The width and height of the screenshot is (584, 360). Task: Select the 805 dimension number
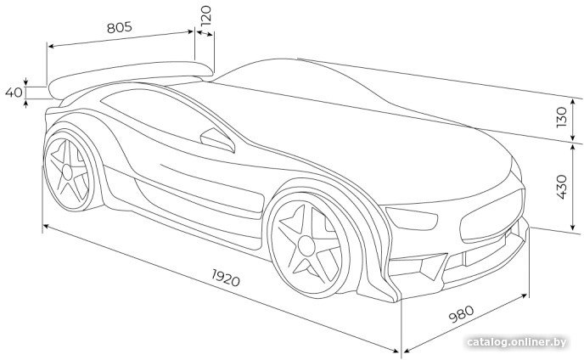119,26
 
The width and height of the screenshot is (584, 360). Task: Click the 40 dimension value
13,92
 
